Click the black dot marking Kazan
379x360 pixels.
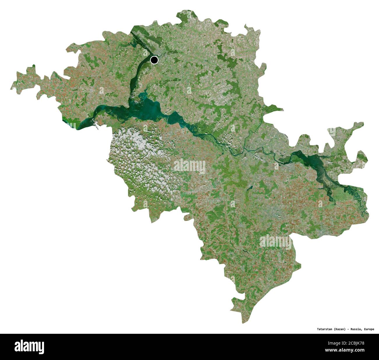pyautogui.click(x=154, y=60)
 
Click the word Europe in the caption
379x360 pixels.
pyautogui.click(x=369, y=329)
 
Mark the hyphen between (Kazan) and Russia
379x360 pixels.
pyautogui.click(x=348, y=329)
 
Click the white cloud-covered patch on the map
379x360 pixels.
pyautogui.click(x=143, y=157)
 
